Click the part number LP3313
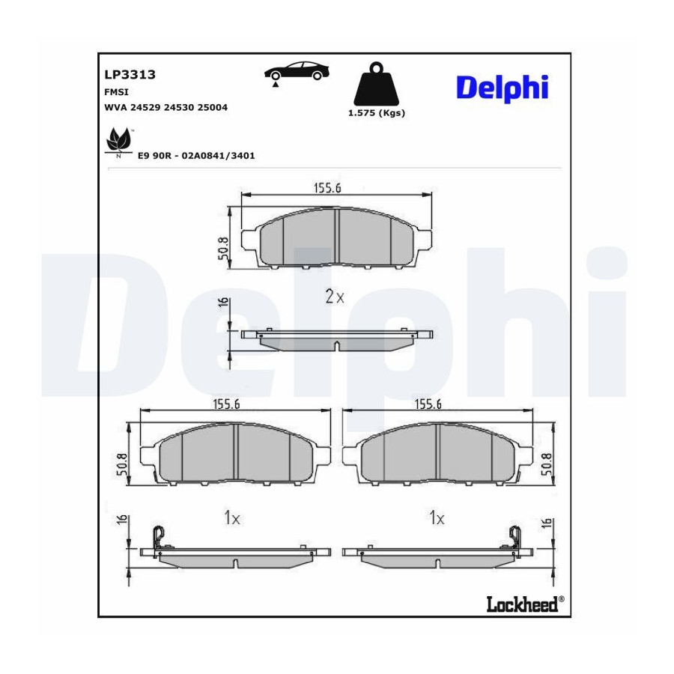click(130, 74)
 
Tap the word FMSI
click(117, 92)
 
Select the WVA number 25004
click(213, 107)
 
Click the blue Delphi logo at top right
click(502, 88)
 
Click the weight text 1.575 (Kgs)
click(377, 113)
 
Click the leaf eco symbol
click(118, 141)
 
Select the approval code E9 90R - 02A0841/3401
click(196, 156)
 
